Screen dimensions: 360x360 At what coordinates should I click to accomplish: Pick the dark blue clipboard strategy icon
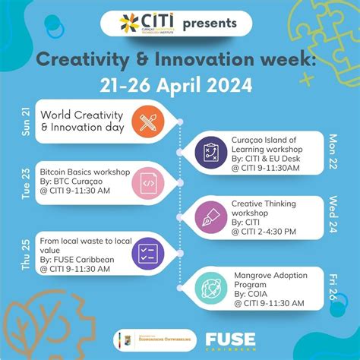click(x=210, y=153)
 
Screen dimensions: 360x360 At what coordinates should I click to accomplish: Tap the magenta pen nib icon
click(x=210, y=219)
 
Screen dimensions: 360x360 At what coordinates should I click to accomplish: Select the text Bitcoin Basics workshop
click(x=80, y=172)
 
